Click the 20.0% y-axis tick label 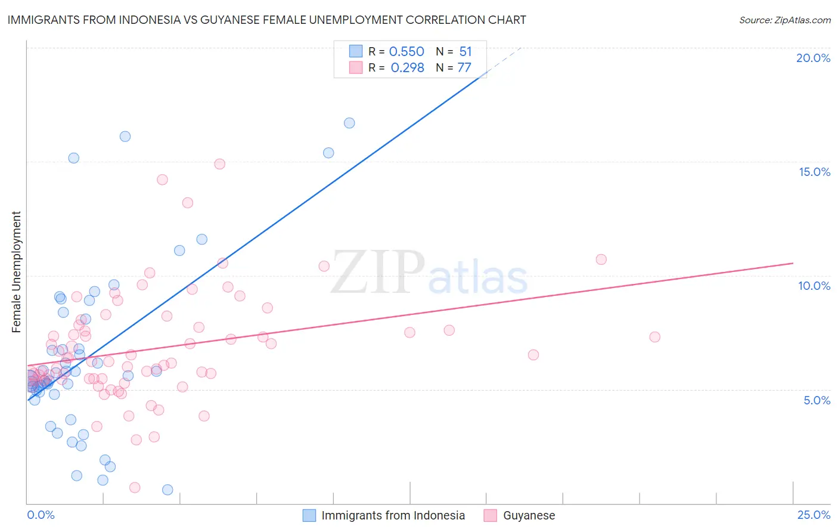coord(813,58)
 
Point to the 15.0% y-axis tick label coord(814,172)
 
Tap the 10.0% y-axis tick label coord(814,286)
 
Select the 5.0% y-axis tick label coord(817,400)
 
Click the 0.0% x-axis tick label coord(41,515)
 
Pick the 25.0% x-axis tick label coord(814,515)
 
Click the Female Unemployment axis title coord(16,271)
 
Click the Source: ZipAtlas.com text coord(784,20)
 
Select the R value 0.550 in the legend coord(406,52)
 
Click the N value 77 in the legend coord(464,67)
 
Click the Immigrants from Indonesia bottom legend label coord(393,515)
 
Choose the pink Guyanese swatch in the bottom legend coord(490,515)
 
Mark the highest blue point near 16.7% coord(349,123)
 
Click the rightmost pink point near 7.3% coord(654,337)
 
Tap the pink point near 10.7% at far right coord(601,259)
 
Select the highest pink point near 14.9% coord(219,164)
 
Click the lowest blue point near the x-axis coord(167,490)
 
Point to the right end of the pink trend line coord(793,263)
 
